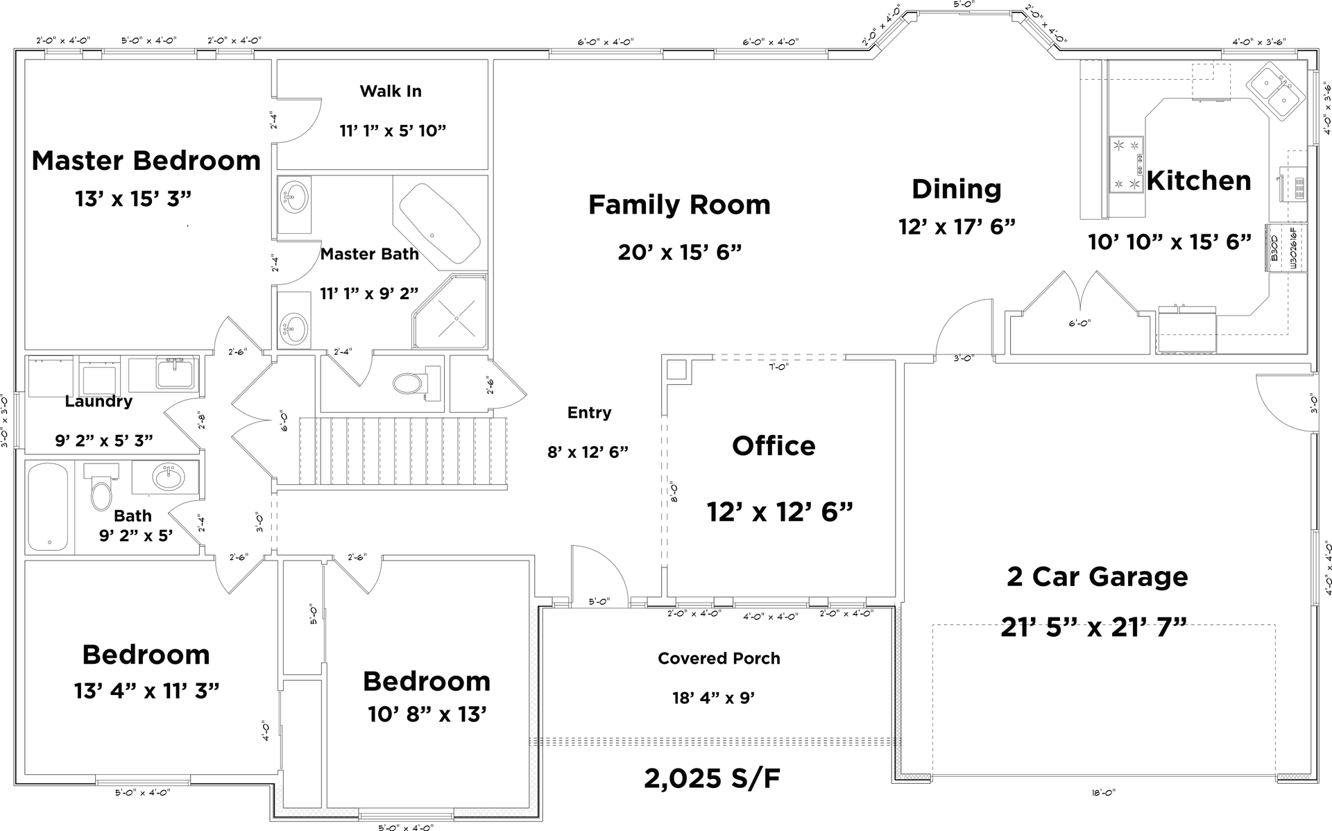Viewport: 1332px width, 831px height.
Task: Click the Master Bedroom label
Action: pos(146,161)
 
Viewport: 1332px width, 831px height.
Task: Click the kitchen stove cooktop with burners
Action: pos(1126,164)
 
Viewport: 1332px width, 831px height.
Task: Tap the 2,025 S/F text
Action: pos(712,778)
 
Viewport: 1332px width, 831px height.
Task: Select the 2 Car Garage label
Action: pos(1097,576)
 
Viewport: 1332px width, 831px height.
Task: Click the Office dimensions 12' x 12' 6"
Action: pos(779,512)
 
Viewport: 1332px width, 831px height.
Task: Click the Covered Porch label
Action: pos(719,658)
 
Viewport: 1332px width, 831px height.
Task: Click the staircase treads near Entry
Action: pos(402,451)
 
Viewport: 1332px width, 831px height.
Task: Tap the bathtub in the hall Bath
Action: pos(48,507)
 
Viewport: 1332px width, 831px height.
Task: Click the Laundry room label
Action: pos(99,402)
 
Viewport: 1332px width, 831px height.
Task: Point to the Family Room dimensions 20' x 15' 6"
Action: pos(680,252)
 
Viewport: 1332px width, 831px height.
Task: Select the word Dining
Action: pos(956,189)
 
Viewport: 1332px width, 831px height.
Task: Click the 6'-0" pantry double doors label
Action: pos(1079,323)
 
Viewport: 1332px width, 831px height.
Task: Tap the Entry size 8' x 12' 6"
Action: pos(588,452)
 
